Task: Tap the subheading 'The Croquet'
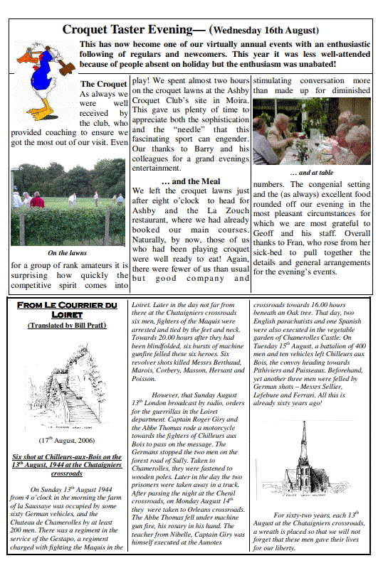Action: [104, 84]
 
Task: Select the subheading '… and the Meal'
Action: [191, 181]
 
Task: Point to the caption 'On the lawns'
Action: [68, 253]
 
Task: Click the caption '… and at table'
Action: [311, 172]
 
